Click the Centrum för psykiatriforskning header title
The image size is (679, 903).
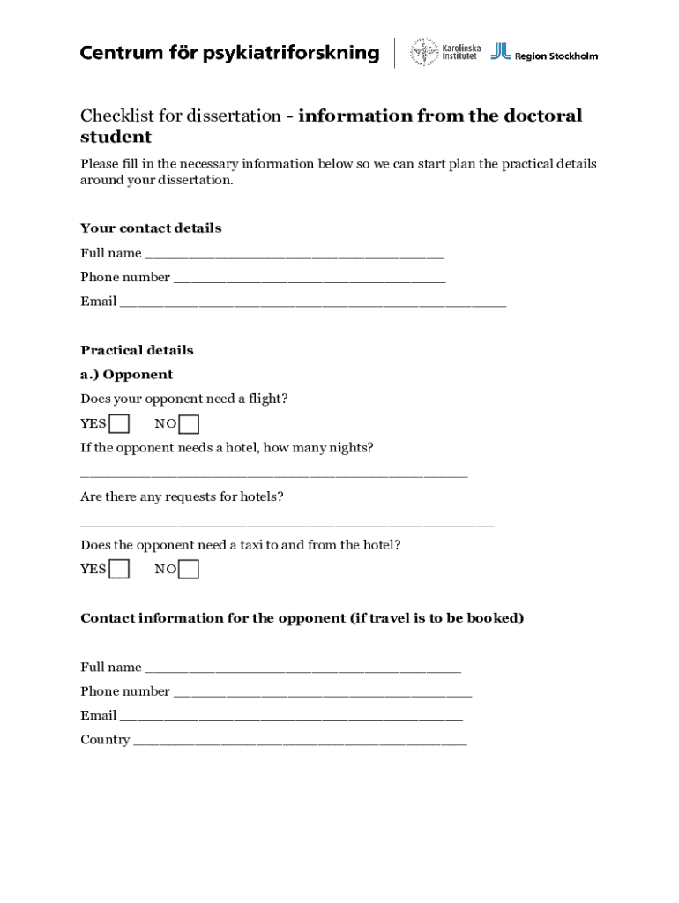229,53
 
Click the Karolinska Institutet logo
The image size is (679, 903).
445,53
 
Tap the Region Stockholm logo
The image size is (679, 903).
544,53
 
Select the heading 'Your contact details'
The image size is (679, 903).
151,228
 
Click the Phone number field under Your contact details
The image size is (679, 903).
309,278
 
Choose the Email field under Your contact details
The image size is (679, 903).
312,302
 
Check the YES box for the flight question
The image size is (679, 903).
119,424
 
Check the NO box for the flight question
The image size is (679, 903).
189,424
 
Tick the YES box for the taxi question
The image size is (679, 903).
119,570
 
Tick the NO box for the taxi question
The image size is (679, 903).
189,570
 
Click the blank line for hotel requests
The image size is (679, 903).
287,522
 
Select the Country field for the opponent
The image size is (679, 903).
300,741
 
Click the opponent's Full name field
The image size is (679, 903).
302,668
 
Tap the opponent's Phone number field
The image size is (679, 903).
322,692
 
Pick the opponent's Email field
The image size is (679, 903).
291,716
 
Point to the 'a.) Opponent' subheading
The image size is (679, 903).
126,375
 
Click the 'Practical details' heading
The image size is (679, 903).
137,350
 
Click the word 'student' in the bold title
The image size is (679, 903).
116,138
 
